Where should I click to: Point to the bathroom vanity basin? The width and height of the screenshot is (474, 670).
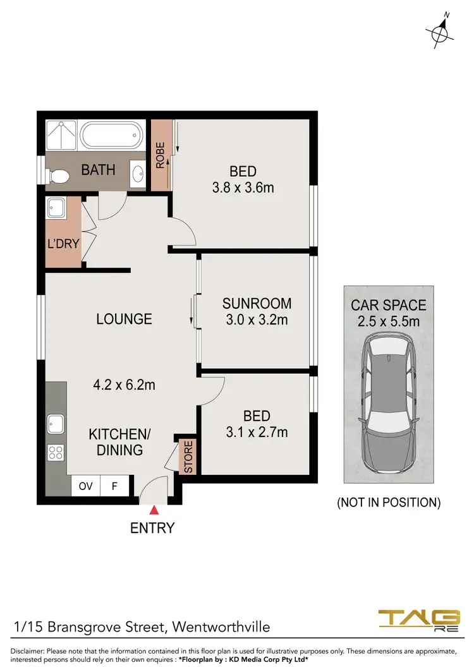pyautogui.click(x=137, y=173)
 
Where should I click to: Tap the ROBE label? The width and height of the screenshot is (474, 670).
pyautogui.click(x=161, y=155)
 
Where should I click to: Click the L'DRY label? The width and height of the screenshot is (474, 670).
pyautogui.click(x=63, y=243)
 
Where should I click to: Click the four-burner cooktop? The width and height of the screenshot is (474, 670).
pyautogui.click(x=56, y=452)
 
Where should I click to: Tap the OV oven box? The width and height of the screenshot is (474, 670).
pyautogui.click(x=85, y=487)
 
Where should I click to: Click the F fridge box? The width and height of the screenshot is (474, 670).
pyautogui.click(x=115, y=487)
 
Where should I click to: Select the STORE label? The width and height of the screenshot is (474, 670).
pyautogui.click(x=188, y=457)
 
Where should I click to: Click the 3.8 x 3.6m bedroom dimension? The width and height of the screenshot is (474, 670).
pyautogui.click(x=243, y=188)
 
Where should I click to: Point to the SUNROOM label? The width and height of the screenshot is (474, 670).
pyautogui.click(x=257, y=303)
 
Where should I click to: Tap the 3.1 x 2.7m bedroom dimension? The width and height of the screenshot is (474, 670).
pyautogui.click(x=257, y=433)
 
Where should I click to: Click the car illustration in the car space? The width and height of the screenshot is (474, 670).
pyautogui.click(x=388, y=404)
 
